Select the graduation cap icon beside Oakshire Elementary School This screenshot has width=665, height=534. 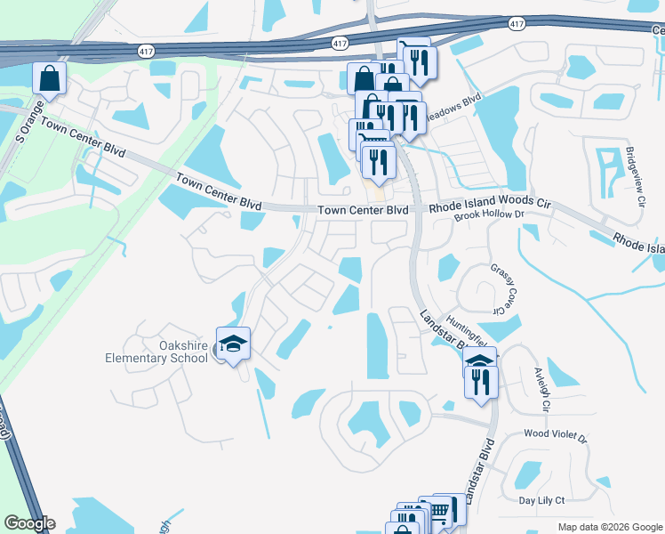(x=232, y=344)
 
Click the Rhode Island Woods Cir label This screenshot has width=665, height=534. (x=490, y=205)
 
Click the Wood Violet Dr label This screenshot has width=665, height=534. (x=556, y=437)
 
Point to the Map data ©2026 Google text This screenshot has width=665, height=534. (x=610, y=527)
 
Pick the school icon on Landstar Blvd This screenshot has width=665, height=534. (x=479, y=361)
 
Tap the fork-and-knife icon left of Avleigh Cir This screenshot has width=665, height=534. (x=481, y=382)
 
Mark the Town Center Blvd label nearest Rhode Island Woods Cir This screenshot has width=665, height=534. (x=363, y=210)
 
